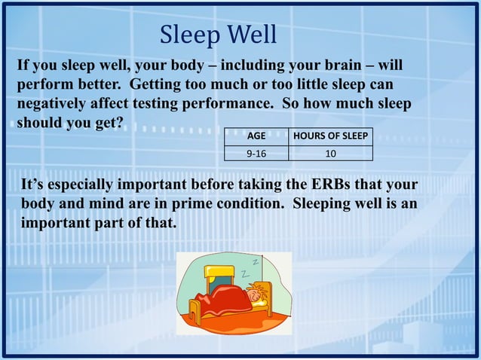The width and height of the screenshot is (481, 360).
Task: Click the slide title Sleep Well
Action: pos(219,35)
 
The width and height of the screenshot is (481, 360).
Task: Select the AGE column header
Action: pos(256,137)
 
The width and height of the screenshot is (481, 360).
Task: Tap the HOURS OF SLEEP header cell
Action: pos(331,137)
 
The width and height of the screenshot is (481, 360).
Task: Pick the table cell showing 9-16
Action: pos(256,154)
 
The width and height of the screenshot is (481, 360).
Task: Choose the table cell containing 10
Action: pos(331,154)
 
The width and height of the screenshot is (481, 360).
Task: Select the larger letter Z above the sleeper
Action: pos(246,273)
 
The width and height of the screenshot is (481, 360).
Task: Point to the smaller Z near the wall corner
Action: pos(256,262)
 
